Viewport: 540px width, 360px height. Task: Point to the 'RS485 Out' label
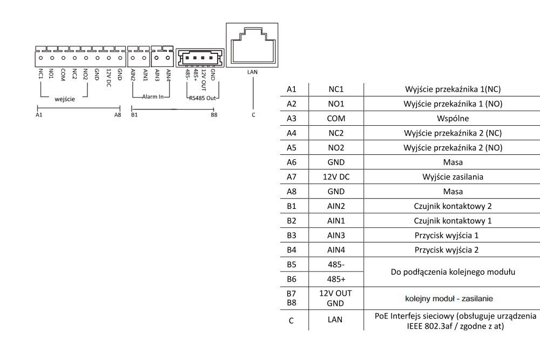pyautogui.click(x=202, y=97)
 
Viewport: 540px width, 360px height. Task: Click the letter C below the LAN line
pyautogui.click(x=253, y=114)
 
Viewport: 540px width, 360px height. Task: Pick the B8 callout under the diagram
pyautogui.click(x=214, y=114)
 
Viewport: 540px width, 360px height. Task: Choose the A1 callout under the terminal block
pyautogui.click(x=38, y=114)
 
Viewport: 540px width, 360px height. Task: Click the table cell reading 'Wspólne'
pyautogui.click(x=453, y=118)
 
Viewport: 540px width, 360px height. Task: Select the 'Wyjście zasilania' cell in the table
pyautogui.click(x=453, y=176)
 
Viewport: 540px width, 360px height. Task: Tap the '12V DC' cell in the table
pyautogui.click(x=335, y=176)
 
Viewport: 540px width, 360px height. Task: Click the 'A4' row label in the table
pyautogui.click(x=292, y=133)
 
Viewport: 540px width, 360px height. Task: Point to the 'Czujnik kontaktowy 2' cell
pyautogui.click(x=453, y=206)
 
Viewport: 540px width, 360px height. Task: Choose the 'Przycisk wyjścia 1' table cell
pyautogui.click(x=447, y=235)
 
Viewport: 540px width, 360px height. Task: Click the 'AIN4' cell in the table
pyautogui.click(x=335, y=250)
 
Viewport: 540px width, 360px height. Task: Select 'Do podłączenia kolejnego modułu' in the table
pyautogui.click(x=453, y=271)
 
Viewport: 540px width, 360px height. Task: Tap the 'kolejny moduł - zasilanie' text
pyautogui.click(x=449, y=298)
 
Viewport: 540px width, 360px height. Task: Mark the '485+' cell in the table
pyautogui.click(x=335, y=279)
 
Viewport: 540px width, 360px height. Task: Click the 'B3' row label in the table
pyautogui.click(x=292, y=235)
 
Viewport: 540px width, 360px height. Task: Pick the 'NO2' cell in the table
pyautogui.click(x=335, y=147)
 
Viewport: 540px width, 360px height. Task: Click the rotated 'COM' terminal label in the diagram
pyautogui.click(x=63, y=74)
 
